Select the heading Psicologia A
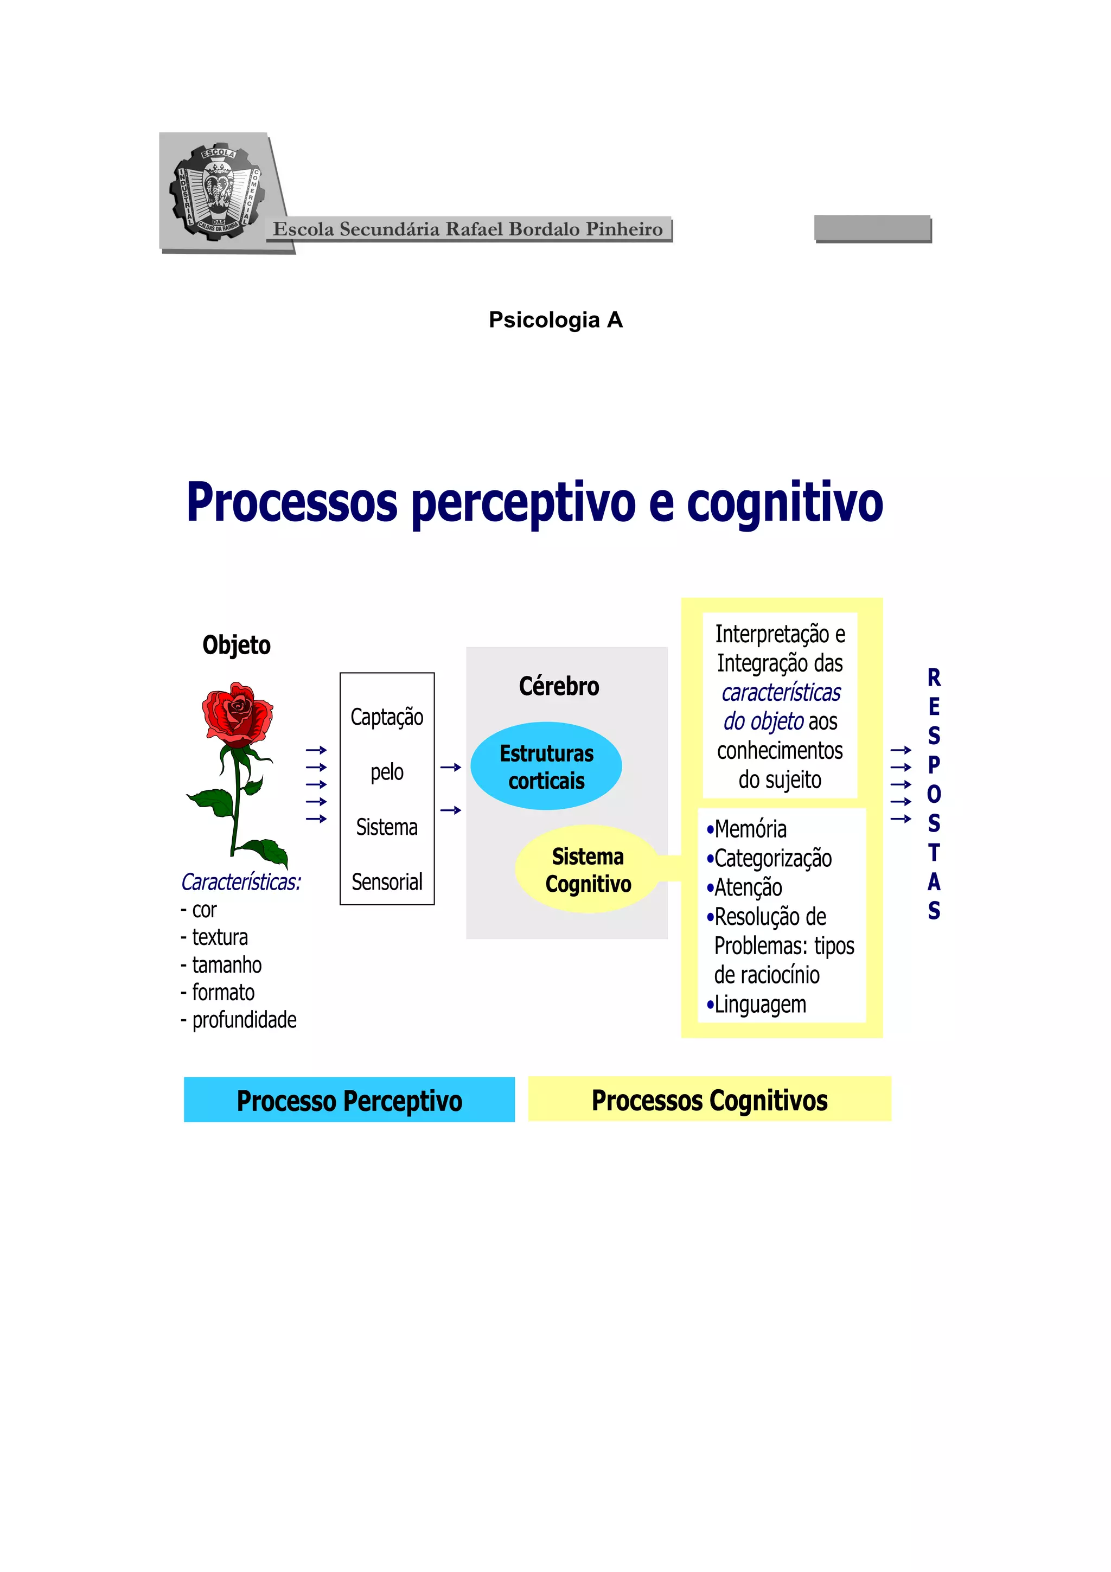(x=555, y=319)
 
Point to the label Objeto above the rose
(x=236, y=645)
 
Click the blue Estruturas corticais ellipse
(x=546, y=766)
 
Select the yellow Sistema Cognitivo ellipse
(x=588, y=870)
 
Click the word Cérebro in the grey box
(x=559, y=686)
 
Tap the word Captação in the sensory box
(x=387, y=717)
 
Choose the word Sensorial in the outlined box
(x=387, y=882)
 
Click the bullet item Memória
(x=750, y=829)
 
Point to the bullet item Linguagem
(x=759, y=1005)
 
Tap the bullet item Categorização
(x=772, y=859)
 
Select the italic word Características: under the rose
(x=240, y=882)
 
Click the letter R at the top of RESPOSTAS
(x=934, y=678)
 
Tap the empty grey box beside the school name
(x=872, y=228)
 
